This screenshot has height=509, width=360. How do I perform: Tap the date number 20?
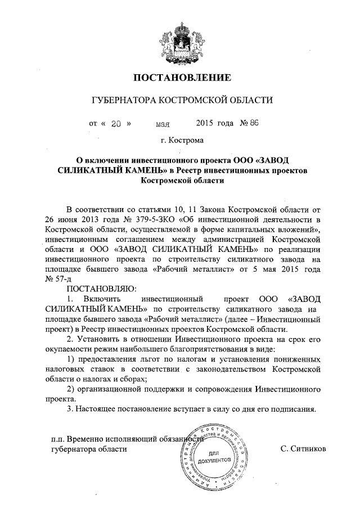(117, 123)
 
